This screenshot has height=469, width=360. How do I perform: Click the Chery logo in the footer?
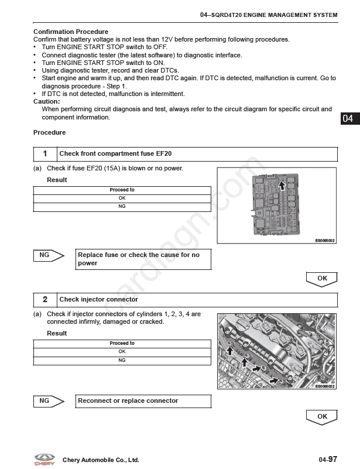pyautogui.click(x=44, y=460)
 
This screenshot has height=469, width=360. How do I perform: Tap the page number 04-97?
pyautogui.click(x=328, y=460)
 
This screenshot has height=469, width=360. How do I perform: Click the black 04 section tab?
pyautogui.click(x=350, y=118)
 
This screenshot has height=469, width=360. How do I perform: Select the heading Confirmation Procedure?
pyautogui.click(x=71, y=32)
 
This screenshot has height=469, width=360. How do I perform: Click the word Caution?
pyautogui.click(x=46, y=101)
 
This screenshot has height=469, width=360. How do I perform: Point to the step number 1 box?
pyautogui.click(x=45, y=154)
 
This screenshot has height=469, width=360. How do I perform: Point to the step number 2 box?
pyautogui.click(x=45, y=299)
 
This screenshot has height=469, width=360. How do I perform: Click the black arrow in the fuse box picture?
pyautogui.click(x=282, y=186)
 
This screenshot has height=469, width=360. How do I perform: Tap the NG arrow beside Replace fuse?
pyautogui.click(x=49, y=255)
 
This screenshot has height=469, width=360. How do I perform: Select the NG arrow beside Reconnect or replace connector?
pyautogui.click(x=49, y=401)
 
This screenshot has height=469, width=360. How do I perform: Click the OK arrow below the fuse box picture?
pyautogui.click(x=322, y=279)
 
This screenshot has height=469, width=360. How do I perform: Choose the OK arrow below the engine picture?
pyautogui.click(x=322, y=417)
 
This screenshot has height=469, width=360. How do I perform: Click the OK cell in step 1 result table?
pyautogui.click(x=122, y=198)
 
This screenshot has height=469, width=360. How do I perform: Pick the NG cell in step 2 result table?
pyautogui.click(x=122, y=361)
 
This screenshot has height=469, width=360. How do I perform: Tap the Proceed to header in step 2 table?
pyautogui.click(x=122, y=343)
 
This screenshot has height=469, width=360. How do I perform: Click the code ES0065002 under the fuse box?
pyautogui.click(x=325, y=241)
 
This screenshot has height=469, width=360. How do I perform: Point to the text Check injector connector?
pyautogui.click(x=99, y=299)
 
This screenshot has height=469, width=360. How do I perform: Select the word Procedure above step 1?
pyautogui.click(x=49, y=132)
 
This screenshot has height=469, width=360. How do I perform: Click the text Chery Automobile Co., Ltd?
pyautogui.click(x=101, y=460)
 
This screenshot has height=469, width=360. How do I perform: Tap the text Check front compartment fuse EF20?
pyautogui.click(x=115, y=154)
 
